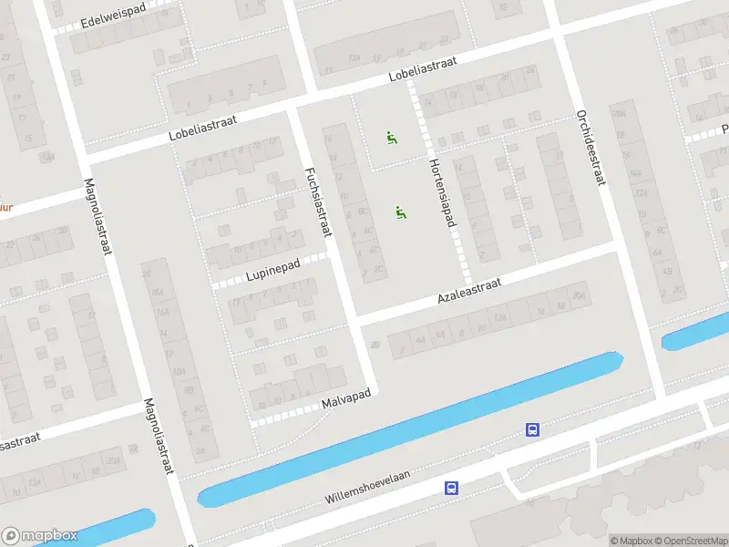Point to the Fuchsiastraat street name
click(x=316, y=203)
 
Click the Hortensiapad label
click(x=442, y=193)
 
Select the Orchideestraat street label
click(x=590, y=148)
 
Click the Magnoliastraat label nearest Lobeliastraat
click(x=97, y=216)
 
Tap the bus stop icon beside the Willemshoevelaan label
click(x=451, y=489)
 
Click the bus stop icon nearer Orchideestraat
click(x=531, y=429)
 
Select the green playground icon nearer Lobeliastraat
click(x=392, y=139)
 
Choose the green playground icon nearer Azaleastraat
click(x=400, y=212)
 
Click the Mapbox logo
click(x=40, y=536)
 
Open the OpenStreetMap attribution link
click(x=691, y=541)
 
